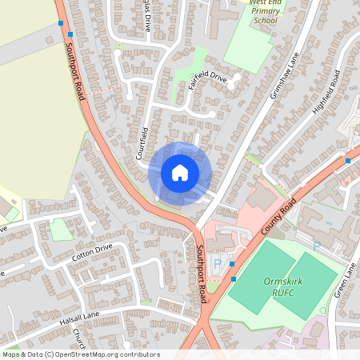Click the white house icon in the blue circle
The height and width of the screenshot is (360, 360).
(x=180, y=173)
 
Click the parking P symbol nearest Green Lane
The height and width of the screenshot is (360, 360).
(x=316, y=247)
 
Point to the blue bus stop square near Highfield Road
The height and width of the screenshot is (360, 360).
(x=348, y=161)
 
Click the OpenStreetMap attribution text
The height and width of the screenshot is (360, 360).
(x=80, y=354)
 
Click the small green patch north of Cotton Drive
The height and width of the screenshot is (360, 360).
(x=61, y=230)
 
